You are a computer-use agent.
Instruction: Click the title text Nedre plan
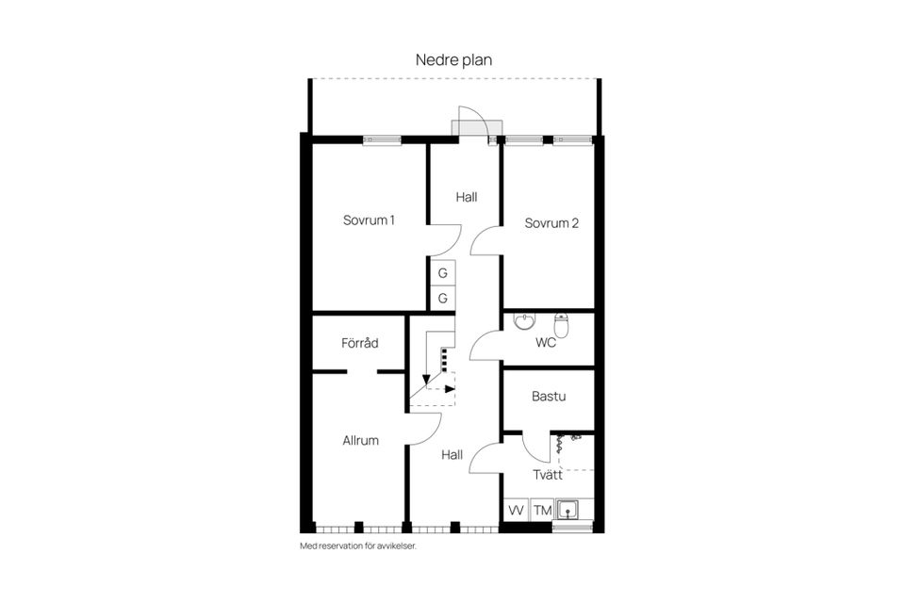click(453, 60)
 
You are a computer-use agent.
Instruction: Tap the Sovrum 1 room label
click(369, 220)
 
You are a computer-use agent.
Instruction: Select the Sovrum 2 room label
click(551, 224)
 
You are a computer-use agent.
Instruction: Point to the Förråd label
click(359, 343)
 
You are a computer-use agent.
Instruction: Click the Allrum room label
click(360, 440)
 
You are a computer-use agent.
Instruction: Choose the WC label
click(546, 343)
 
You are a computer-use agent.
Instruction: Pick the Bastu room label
click(548, 397)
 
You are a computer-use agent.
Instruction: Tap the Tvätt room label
click(547, 474)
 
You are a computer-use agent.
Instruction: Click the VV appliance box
click(517, 510)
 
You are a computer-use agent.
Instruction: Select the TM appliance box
click(543, 510)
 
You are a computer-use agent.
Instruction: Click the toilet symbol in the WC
click(562, 326)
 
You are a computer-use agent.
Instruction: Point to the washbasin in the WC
click(524, 323)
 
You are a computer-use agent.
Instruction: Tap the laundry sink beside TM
click(569, 510)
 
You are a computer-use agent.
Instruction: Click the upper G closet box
click(442, 273)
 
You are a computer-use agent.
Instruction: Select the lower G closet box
click(442, 299)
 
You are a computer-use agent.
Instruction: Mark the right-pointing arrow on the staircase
click(449, 387)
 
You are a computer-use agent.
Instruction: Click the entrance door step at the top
click(469, 127)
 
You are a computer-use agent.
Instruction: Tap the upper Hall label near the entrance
click(466, 198)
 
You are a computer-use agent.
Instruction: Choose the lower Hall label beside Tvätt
click(452, 455)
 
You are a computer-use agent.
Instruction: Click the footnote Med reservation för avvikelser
click(357, 546)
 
